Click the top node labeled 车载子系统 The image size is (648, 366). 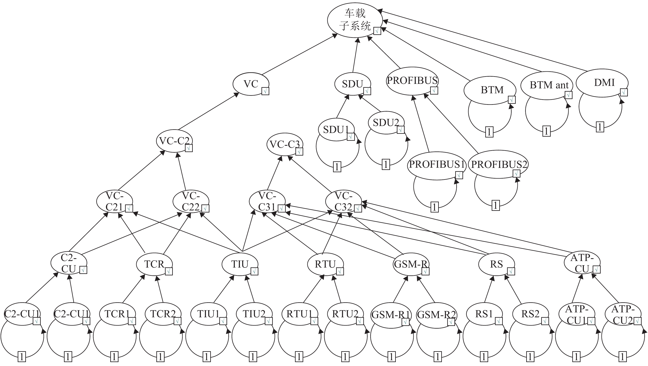pyautogui.click(x=355, y=20)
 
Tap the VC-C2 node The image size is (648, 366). pyautogui.click(x=174, y=141)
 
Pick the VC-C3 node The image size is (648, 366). pyautogui.click(x=285, y=144)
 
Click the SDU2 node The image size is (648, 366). pyautogui.click(x=386, y=123)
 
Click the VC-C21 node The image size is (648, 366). pyautogui.click(x=114, y=201)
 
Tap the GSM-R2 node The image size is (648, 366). pyautogui.click(x=436, y=315)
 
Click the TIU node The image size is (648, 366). pyautogui.click(x=240, y=264)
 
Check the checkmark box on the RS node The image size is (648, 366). pyautogui.click(x=511, y=271)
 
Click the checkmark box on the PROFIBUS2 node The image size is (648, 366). pyautogui.click(x=516, y=173)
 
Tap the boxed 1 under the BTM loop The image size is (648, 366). pyautogui.click(x=489, y=132)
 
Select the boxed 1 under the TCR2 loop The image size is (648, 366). pyautogui.click(x=160, y=357)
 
